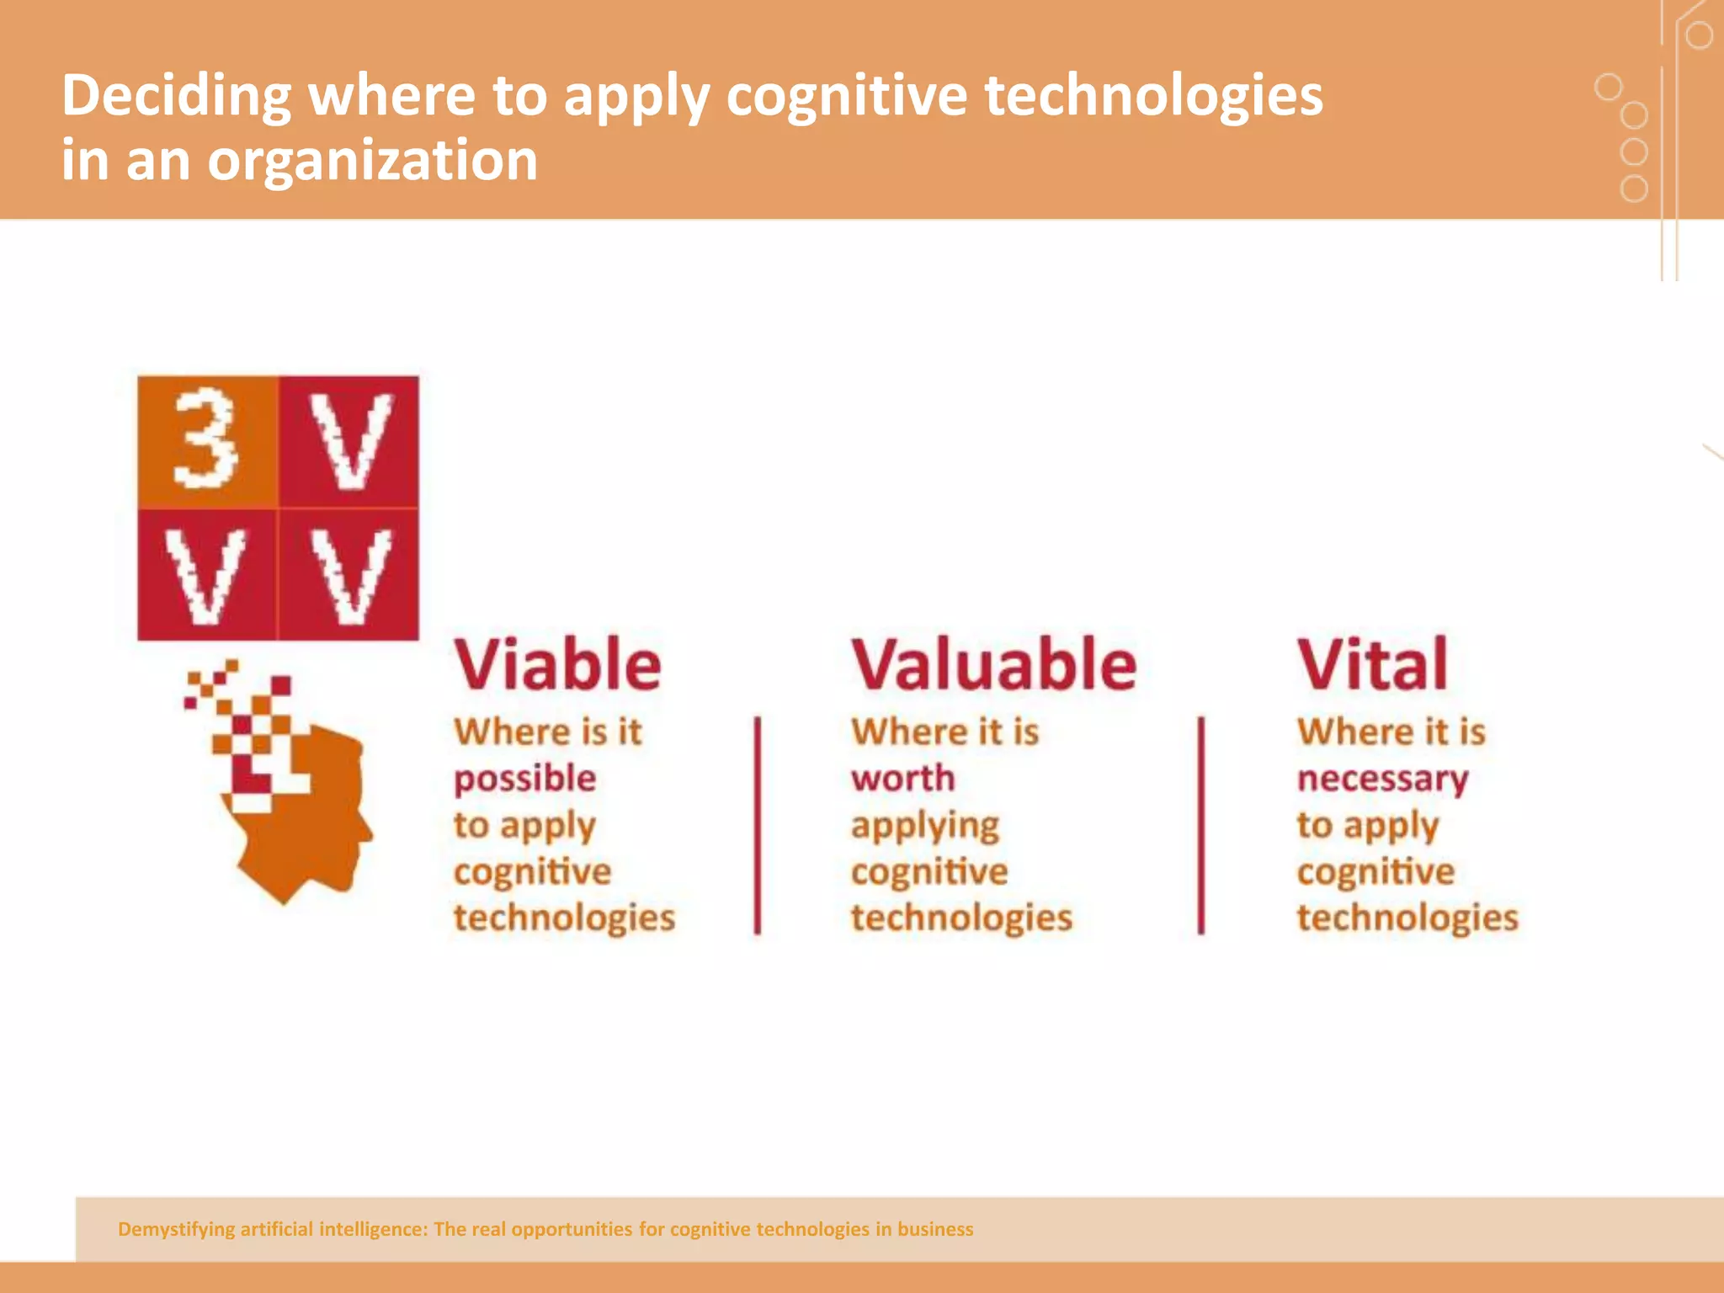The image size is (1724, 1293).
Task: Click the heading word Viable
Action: (x=557, y=664)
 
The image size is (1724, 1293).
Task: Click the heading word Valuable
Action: (x=993, y=664)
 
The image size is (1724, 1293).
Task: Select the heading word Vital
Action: (x=1372, y=664)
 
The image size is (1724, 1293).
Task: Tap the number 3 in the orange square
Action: (x=205, y=439)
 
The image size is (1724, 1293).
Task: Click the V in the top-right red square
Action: (x=350, y=441)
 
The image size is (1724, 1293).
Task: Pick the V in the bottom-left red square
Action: (x=205, y=577)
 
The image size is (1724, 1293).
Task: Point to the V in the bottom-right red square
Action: (x=350, y=577)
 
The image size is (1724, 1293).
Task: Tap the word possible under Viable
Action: (x=524, y=780)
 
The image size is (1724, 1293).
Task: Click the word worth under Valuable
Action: (x=902, y=779)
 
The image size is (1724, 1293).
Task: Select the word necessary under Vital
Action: (x=1382, y=780)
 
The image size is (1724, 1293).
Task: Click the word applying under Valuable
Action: (x=924, y=826)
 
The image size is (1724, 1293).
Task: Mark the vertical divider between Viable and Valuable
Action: (x=758, y=825)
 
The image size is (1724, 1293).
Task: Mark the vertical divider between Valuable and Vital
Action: (x=1201, y=825)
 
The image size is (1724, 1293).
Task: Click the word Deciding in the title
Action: (x=176, y=95)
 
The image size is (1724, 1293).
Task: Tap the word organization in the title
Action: (x=372, y=160)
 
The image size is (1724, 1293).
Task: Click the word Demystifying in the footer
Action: (x=176, y=1229)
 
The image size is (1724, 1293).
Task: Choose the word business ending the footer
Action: (x=934, y=1229)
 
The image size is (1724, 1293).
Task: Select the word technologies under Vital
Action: (x=1407, y=918)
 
